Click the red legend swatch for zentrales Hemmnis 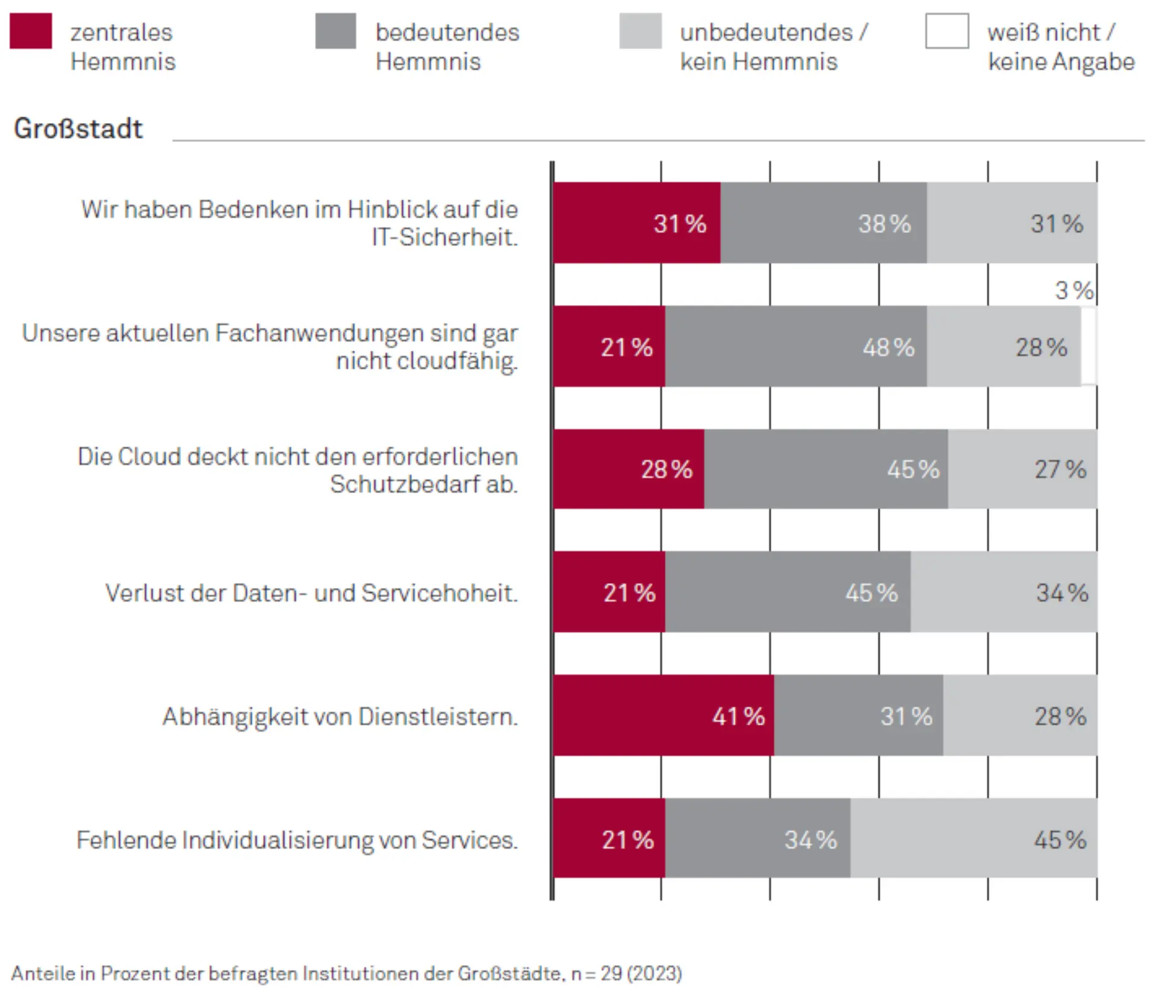pos(31,31)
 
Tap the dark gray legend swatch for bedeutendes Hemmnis pos(335,31)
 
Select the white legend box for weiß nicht pos(947,31)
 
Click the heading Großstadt pos(78,128)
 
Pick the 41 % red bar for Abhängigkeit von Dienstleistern pos(663,715)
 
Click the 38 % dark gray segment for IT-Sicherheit pos(823,223)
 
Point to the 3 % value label pos(1074,291)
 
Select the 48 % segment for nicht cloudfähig pos(796,347)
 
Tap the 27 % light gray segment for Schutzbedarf pos(1022,469)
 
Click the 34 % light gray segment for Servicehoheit pos(1004,592)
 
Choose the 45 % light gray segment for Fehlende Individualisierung pos(973,839)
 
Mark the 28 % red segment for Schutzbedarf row pos(628,469)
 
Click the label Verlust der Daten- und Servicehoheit pos(311,593)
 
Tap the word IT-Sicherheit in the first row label pos(445,237)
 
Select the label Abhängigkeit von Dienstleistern pos(340,717)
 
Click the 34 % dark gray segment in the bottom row pos(758,839)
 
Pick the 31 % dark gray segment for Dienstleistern pos(858,715)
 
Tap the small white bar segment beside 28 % pos(1089,346)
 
